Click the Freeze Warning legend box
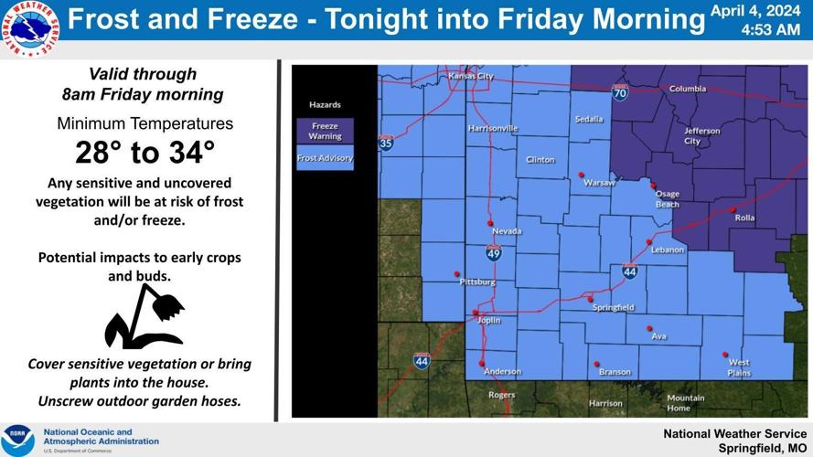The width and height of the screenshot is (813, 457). point(325,131)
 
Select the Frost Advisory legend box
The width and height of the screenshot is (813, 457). point(325,158)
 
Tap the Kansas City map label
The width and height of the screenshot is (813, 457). point(471,77)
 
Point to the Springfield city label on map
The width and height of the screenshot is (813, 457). point(613,308)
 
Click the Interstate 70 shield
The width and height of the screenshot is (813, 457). point(620,92)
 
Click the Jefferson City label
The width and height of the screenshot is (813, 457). point(702,136)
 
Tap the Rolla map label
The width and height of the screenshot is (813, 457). point(745,218)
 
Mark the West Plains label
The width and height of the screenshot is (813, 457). point(739,367)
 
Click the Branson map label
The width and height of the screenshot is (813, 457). point(615,372)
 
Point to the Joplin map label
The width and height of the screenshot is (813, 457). point(489,321)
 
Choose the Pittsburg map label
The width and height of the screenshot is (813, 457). point(477,282)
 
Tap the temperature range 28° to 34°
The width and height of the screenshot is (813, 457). point(145,152)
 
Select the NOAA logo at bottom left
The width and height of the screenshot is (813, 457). point(17,439)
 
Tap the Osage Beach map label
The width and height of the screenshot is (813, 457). point(668,199)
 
